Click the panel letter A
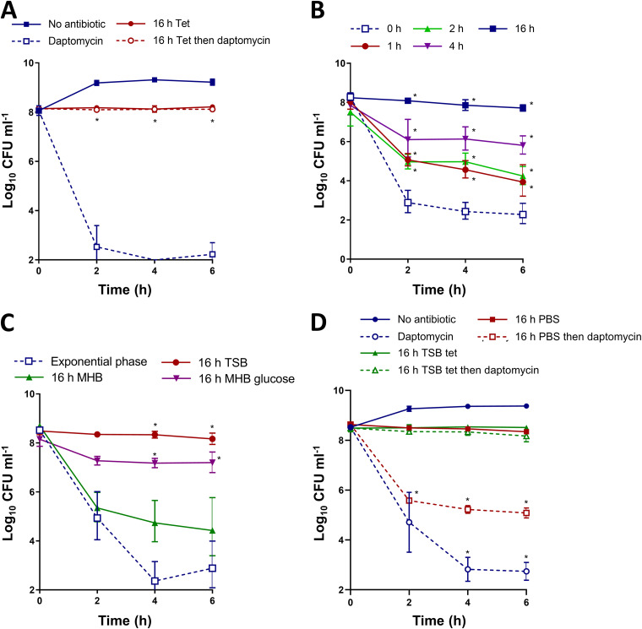click(x=11, y=13)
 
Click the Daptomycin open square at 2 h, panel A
click(x=97, y=247)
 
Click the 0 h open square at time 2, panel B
click(x=407, y=203)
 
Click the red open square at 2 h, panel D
click(x=408, y=501)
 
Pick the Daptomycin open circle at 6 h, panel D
click(x=524, y=572)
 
